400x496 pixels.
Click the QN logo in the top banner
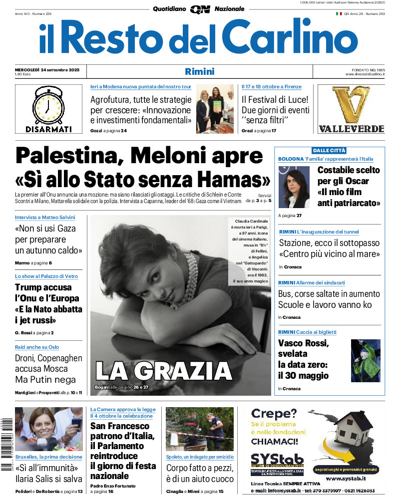[200, 9]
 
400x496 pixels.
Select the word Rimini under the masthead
[200, 71]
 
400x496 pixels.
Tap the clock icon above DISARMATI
[49, 105]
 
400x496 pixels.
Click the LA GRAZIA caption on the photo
[164, 371]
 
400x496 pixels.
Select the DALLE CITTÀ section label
[329, 150]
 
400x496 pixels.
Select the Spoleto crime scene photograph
[200, 429]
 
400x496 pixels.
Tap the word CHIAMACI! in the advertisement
[275, 441]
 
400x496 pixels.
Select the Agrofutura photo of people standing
[215, 109]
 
